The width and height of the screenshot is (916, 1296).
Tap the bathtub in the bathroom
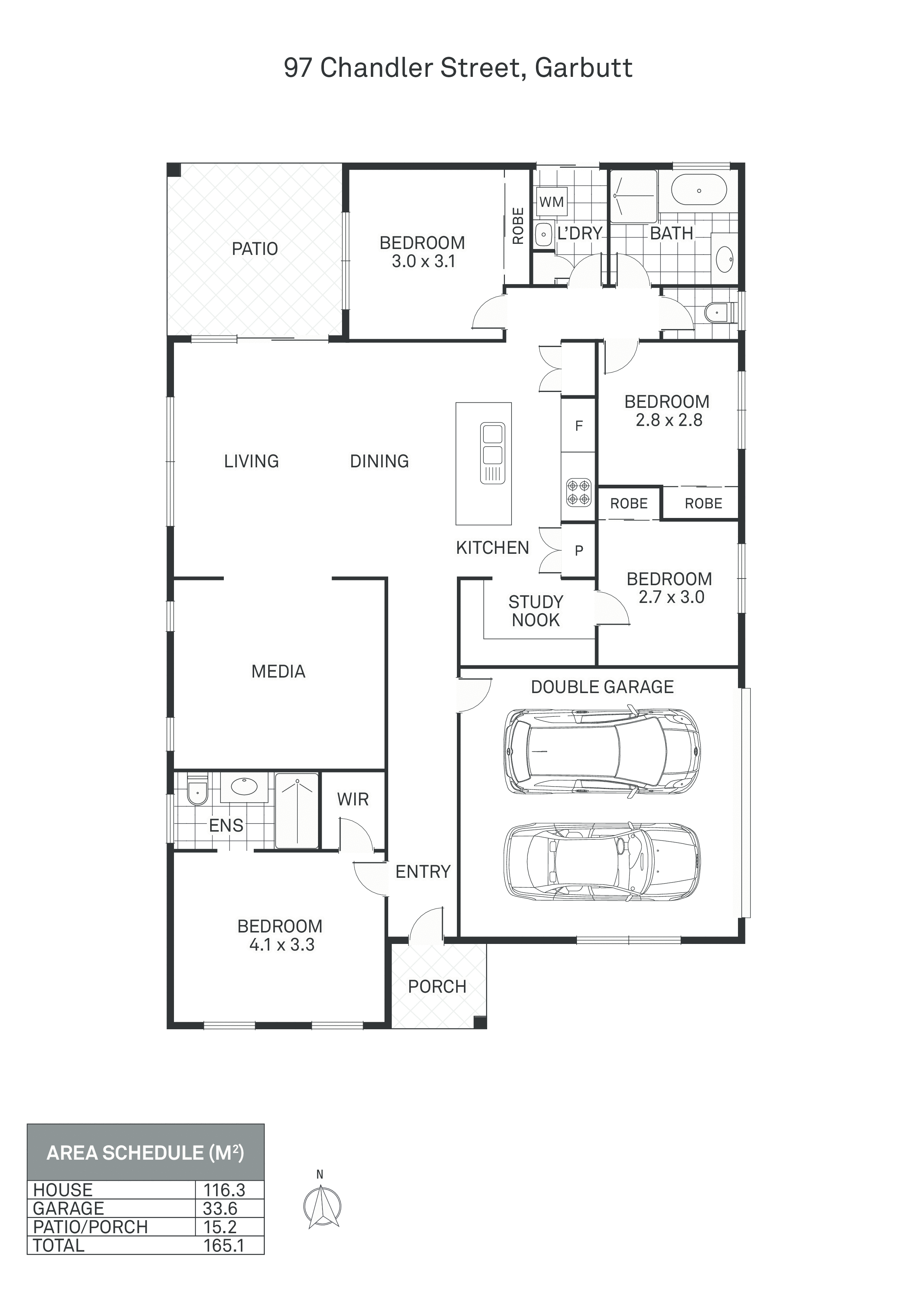pos(699,190)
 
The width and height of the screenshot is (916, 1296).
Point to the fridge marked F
pos(578,426)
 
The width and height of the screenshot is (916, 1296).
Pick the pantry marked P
pos(578,550)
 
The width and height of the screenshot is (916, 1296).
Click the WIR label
pos(353,799)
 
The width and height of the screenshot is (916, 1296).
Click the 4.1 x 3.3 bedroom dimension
pos(281,944)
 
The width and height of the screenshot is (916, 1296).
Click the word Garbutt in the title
pos(584,68)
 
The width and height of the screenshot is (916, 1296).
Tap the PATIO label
pos(254,248)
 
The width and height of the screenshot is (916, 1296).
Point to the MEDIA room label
pos(278,671)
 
